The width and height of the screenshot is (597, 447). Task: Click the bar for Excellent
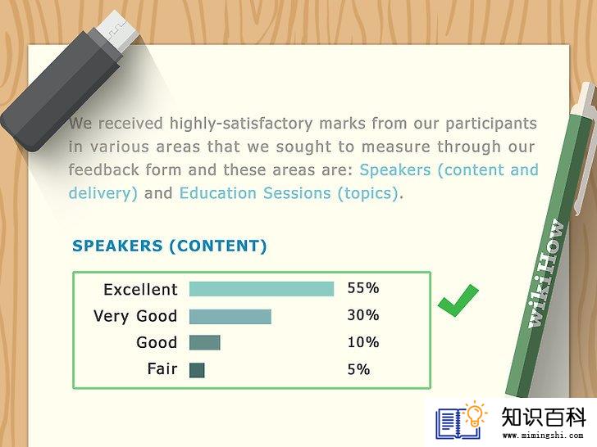[262, 289]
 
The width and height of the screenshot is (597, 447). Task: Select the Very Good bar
[230, 316]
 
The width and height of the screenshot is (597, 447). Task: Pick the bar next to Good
[205, 342]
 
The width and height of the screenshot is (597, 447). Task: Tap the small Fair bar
[197, 370]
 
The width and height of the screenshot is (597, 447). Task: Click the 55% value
[362, 288]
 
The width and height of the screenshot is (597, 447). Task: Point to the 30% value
[362, 315]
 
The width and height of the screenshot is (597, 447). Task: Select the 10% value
[362, 342]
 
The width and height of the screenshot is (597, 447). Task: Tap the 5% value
[358, 369]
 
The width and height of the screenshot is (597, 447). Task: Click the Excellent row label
[140, 290]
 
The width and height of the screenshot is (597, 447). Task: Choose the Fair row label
[162, 368]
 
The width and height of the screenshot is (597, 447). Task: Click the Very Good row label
[135, 317]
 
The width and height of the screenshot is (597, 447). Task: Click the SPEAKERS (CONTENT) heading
[170, 246]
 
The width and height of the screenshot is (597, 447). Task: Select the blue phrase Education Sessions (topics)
[289, 193]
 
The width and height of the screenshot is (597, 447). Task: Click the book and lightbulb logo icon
[461, 420]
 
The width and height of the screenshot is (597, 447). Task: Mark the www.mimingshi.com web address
[543, 436]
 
